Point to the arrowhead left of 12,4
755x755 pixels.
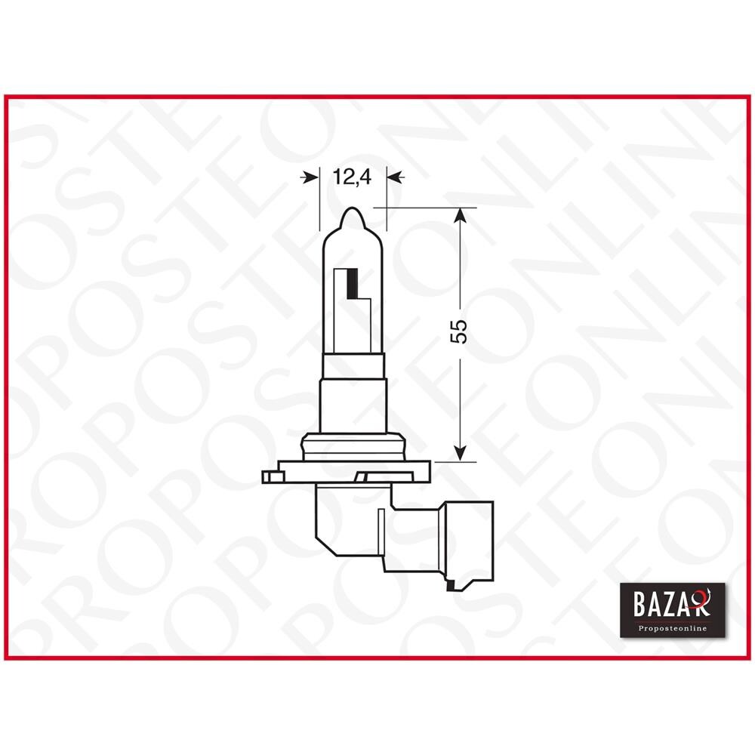(x=310, y=177)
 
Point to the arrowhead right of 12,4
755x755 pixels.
(x=396, y=177)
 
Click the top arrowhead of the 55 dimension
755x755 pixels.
(x=459, y=217)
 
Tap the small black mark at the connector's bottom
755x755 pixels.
(x=451, y=584)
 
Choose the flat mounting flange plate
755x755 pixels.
(x=353, y=470)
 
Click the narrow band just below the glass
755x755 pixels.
(x=353, y=365)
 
